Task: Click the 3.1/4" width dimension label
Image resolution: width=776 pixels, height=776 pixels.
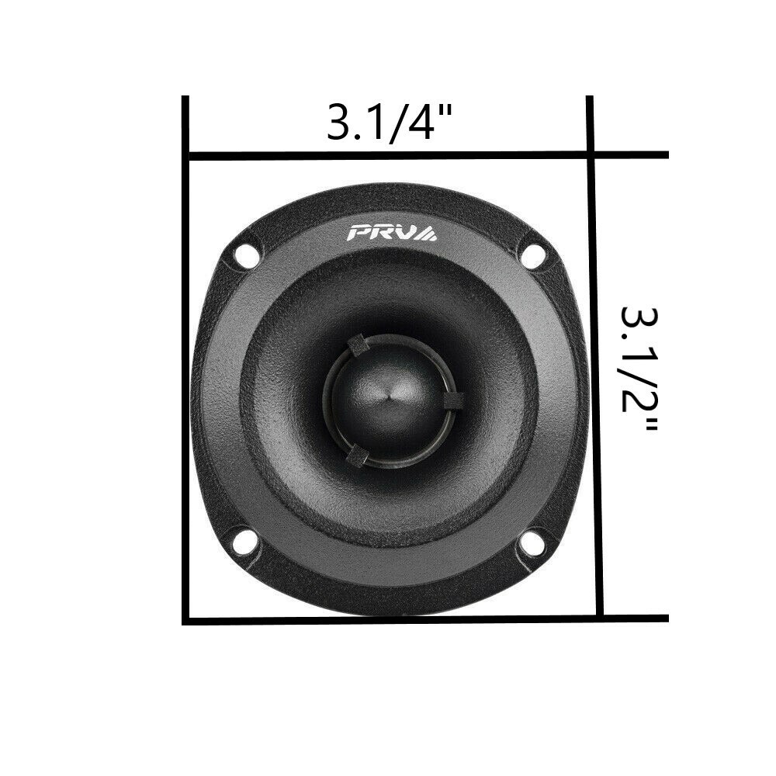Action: (389, 123)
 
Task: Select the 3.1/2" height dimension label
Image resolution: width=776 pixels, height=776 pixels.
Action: (638, 370)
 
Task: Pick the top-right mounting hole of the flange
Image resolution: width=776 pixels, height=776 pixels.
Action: (533, 255)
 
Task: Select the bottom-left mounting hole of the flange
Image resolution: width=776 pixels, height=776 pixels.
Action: (244, 542)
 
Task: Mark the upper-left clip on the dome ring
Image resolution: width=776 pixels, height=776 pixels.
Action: (358, 345)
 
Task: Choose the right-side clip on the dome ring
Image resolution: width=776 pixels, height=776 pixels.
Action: (454, 400)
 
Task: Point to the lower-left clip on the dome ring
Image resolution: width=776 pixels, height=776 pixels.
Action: (356, 456)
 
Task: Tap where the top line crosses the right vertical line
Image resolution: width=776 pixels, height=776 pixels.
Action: (591, 155)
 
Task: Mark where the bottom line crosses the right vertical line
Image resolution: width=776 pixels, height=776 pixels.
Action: (598, 618)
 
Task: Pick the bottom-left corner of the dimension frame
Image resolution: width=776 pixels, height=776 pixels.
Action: (186, 620)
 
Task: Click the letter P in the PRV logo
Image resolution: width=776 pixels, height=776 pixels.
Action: (362, 232)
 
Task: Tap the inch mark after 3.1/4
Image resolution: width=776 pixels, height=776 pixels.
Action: (446, 113)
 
